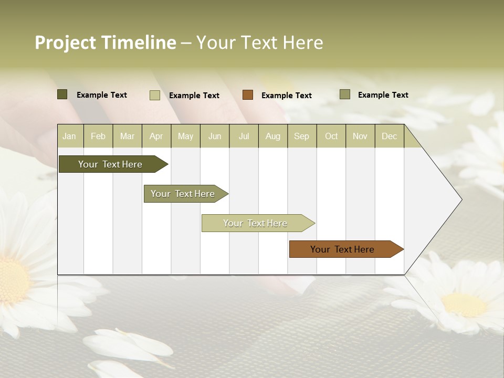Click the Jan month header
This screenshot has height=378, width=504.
[x=70, y=136]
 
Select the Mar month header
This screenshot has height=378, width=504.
[x=127, y=136]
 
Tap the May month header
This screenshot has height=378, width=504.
[x=185, y=136]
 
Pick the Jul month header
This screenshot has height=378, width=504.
[x=244, y=136]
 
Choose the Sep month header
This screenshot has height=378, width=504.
[x=301, y=136]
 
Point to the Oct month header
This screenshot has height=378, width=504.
[x=331, y=136]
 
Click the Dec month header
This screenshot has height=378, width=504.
[x=389, y=136]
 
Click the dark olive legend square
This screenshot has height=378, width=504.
[x=62, y=94]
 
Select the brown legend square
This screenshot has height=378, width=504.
[x=248, y=95]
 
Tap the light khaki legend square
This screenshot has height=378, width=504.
[x=155, y=95]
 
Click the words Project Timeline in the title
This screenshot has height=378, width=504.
[x=106, y=43]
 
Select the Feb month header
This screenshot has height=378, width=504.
[x=98, y=136]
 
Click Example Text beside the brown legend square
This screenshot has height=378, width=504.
[x=286, y=96]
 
